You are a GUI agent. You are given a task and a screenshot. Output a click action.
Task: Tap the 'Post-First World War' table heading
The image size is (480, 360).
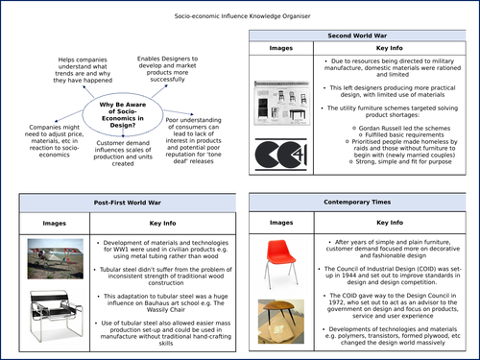[125, 204]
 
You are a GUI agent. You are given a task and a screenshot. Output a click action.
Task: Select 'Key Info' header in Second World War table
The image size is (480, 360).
[390, 47]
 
